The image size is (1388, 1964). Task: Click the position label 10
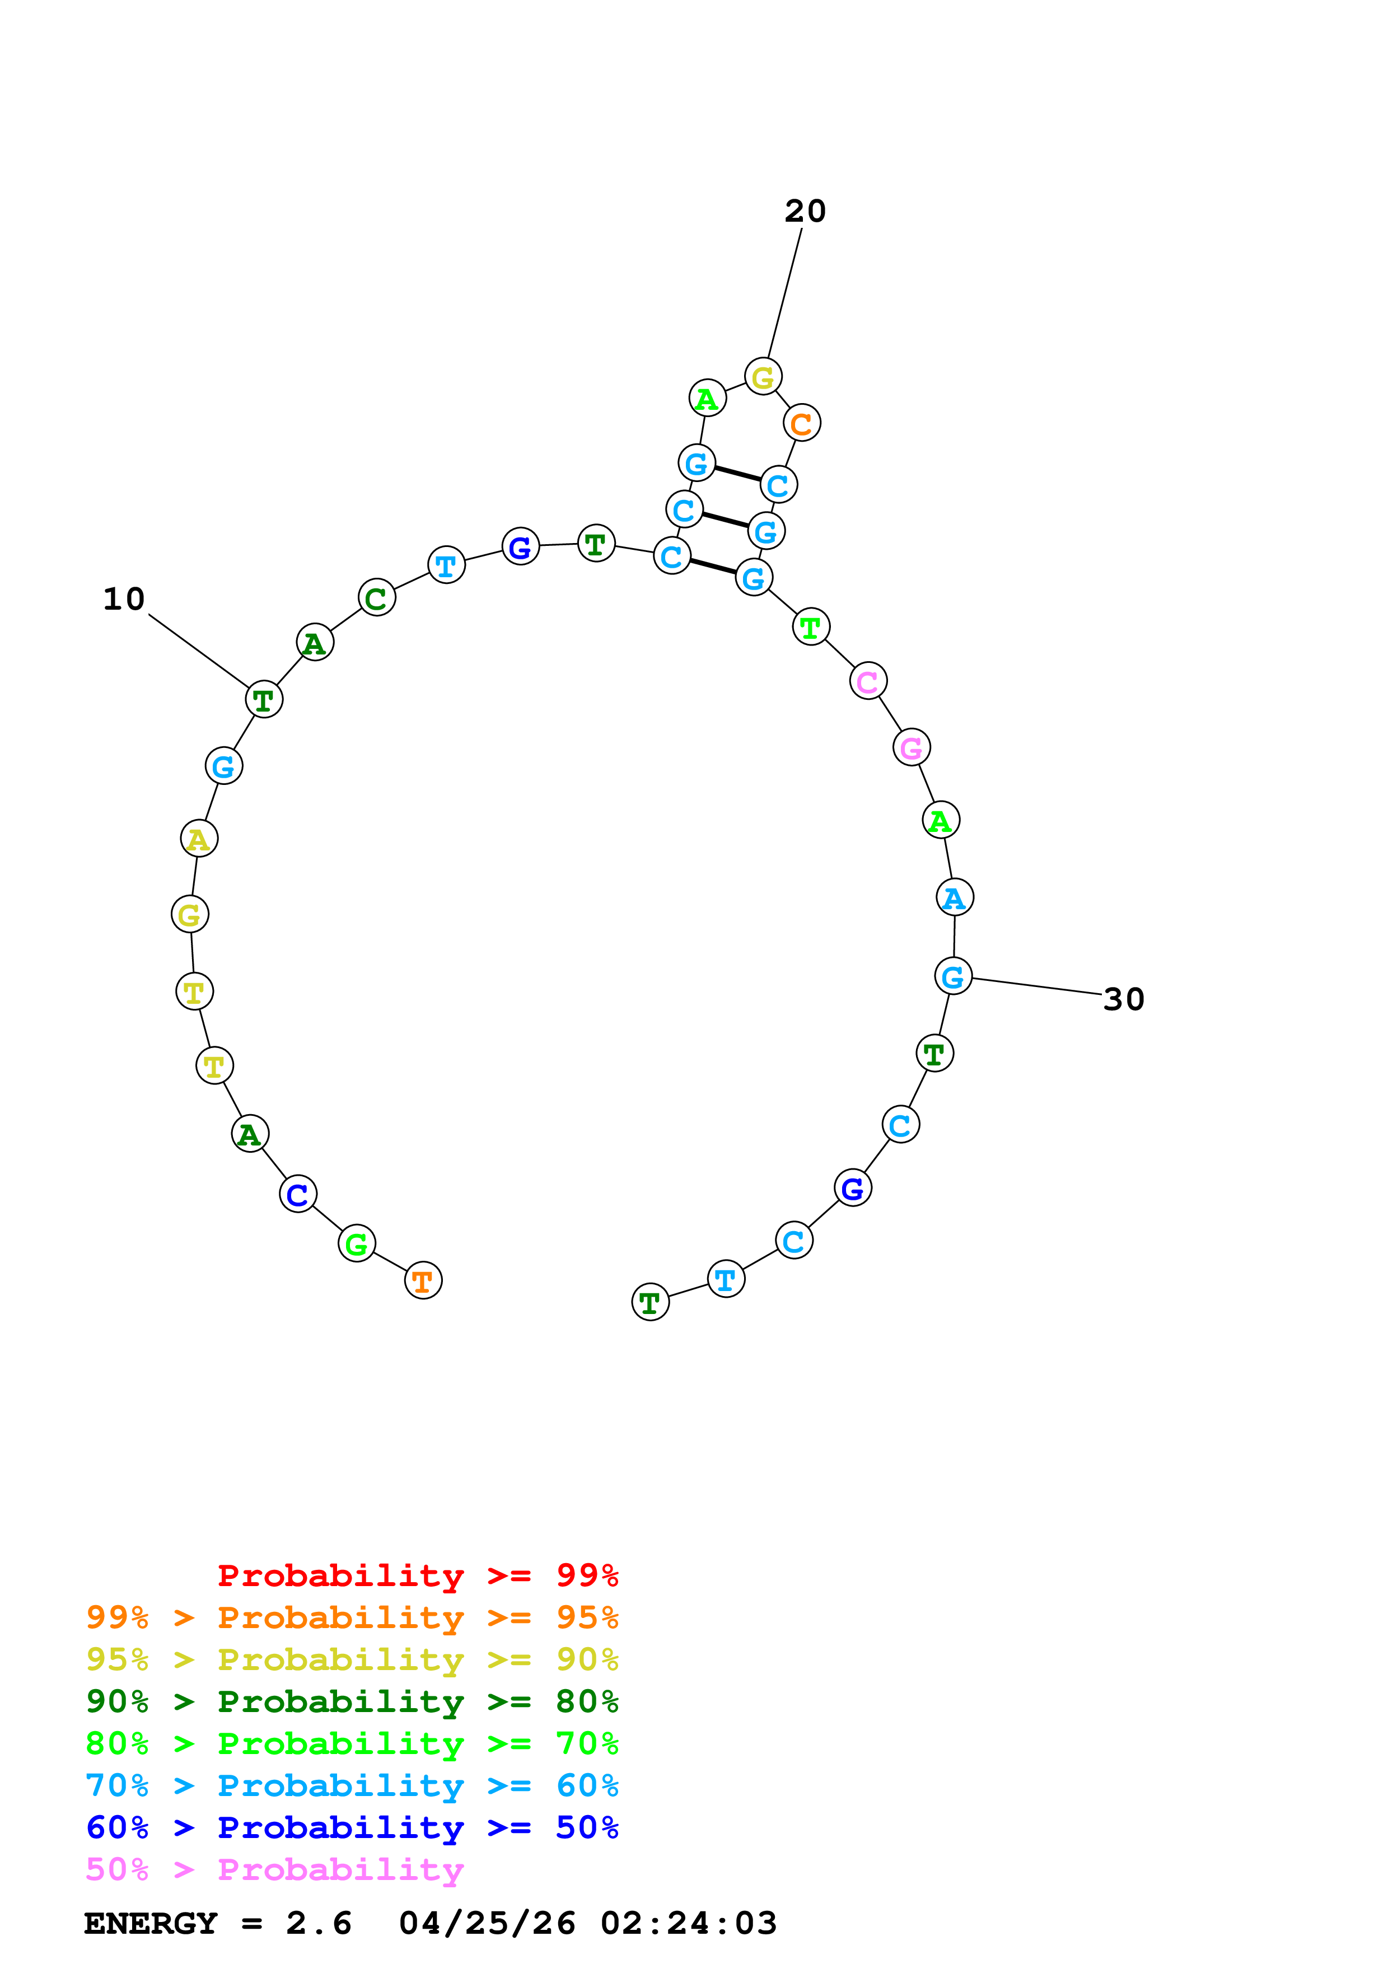[x=124, y=599]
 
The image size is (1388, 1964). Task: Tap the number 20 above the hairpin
[x=805, y=211]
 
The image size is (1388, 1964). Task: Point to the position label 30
[x=1123, y=999]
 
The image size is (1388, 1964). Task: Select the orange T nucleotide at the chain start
[x=423, y=1280]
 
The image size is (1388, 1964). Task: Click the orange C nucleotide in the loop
[x=801, y=423]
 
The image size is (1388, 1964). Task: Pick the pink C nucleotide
[x=868, y=682]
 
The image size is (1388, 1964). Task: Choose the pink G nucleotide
[x=912, y=747]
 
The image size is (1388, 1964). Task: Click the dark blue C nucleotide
[x=298, y=1194]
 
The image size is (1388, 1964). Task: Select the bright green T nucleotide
[x=811, y=627]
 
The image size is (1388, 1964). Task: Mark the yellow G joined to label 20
[x=763, y=376]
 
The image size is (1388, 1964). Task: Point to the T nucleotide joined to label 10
[x=263, y=700]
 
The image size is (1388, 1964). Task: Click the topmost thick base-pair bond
[x=737, y=474]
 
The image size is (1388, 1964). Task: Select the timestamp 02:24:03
[x=689, y=1924]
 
